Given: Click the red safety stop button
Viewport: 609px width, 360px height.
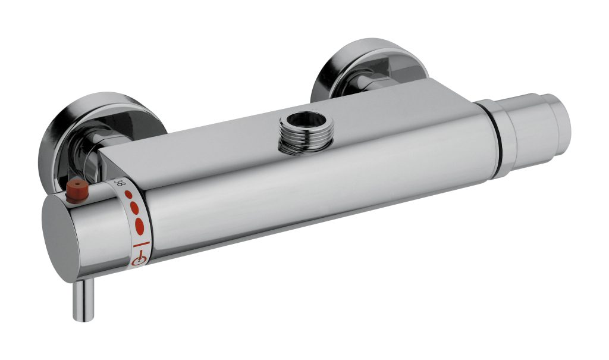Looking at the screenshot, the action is click(x=76, y=191).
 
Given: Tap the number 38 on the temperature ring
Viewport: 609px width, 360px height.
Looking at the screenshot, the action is click(x=121, y=183).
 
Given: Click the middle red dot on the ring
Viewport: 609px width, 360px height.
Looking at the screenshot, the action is click(x=134, y=208).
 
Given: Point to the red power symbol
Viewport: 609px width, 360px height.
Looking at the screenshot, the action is click(x=139, y=259).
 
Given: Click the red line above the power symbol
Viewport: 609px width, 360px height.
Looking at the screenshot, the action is click(x=142, y=244).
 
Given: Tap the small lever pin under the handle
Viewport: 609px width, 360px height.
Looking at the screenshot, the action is click(x=84, y=300).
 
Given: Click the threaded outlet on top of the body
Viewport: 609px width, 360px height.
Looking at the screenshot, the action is click(x=306, y=132).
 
